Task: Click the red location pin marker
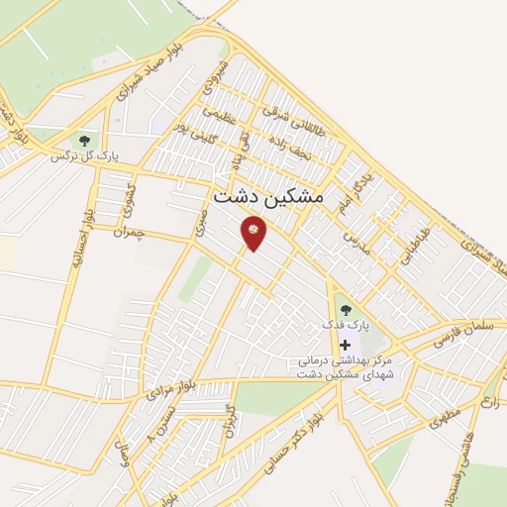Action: tap(254, 232)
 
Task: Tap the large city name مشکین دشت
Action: tap(268, 197)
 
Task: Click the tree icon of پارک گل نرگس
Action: tap(84, 141)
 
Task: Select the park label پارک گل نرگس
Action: tap(78, 156)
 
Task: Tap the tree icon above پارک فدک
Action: tap(346, 310)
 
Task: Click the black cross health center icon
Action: tap(345, 345)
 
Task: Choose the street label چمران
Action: tap(130, 233)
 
